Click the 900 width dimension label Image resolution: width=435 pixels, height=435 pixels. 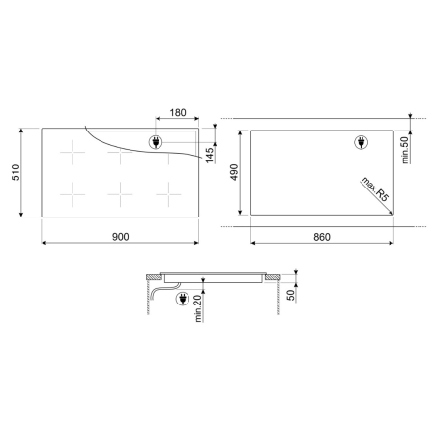[120, 237]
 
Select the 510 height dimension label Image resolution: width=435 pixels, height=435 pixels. [15, 172]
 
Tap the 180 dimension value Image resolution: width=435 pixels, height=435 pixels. [178, 113]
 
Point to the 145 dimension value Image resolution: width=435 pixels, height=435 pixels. [210, 156]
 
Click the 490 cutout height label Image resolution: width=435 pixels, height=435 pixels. [234, 172]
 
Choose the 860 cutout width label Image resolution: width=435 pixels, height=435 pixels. [322, 237]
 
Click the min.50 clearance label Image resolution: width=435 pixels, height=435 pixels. [405, 150]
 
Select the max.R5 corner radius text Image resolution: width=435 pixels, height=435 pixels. [375, 189]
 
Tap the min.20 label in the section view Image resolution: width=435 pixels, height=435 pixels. [198, 308]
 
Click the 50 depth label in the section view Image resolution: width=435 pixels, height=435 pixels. [291, 295]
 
